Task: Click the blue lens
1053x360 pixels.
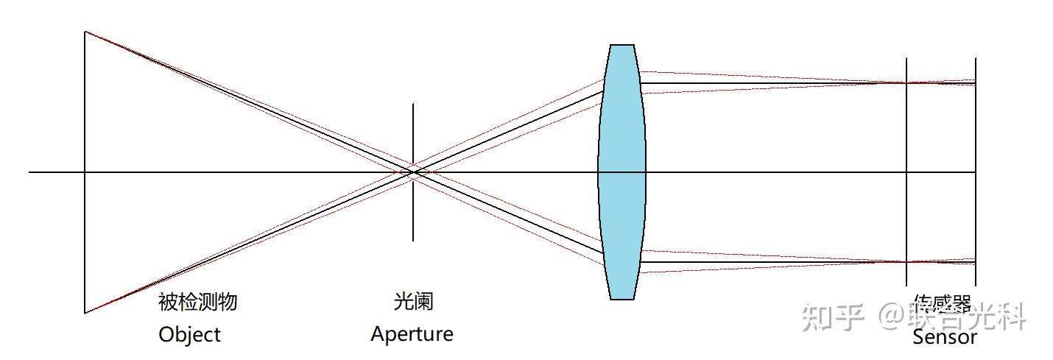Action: [621, 172]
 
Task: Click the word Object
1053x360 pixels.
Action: [189, 334]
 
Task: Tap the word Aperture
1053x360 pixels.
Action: [412, 334]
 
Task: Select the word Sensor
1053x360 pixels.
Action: [944, 338]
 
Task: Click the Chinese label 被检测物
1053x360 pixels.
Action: [197, 301]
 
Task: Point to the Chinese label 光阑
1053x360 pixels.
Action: [413, 301]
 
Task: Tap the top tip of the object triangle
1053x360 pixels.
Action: [85, 32]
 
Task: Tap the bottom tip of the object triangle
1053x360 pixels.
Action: [85, 313]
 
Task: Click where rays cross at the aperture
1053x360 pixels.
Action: [413, 172]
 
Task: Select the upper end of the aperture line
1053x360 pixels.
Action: [413, 105]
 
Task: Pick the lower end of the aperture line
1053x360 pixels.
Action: [413, 240]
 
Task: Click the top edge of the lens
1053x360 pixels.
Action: [621, 45]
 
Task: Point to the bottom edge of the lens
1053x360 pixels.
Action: [621, 298]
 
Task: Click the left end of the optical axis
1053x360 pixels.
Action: [30, 172]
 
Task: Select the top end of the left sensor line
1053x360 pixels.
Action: [906, 59]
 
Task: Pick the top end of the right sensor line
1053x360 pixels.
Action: [976, 59]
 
